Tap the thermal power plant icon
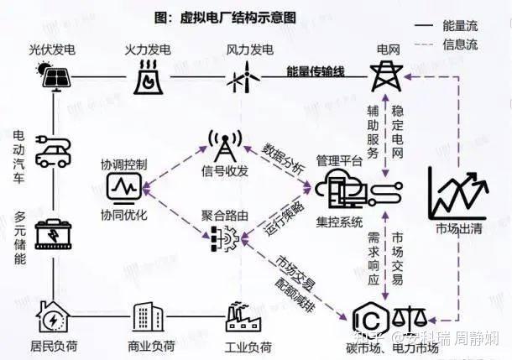(149, 76)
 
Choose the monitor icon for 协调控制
(125, 185)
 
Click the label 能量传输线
(316, 71)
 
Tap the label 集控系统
(339, 222)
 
